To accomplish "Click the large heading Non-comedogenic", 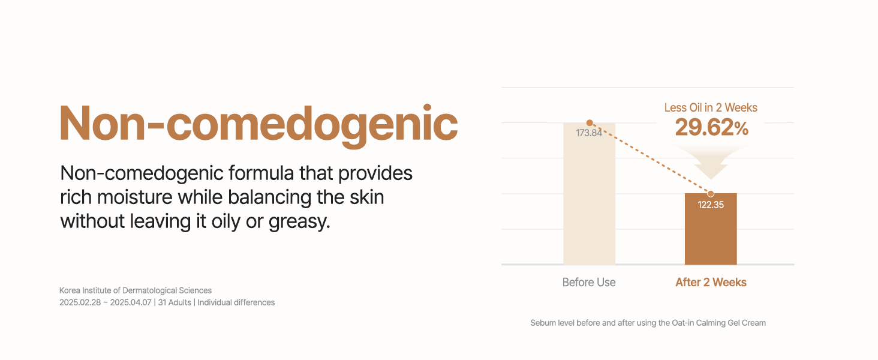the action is coord(258,125).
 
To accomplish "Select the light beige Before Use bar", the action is coord(589,194).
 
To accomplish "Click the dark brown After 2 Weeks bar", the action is coord(711,229).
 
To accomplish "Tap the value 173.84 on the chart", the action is coord(589,133).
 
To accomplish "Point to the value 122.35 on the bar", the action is coord(711,205).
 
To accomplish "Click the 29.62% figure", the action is coord(711,127).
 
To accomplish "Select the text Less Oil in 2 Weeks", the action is coord(711,107).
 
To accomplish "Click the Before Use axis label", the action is coord(589,283).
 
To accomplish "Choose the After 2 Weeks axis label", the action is coord(711,283).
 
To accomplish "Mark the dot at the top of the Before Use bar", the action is coord(590,123).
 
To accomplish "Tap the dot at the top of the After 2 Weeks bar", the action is coord(711,193).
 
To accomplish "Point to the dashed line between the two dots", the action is coord(650,158).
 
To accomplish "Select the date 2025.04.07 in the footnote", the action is coord(131,303).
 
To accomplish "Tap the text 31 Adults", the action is coord(175,303).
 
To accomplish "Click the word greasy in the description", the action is coord(299,222).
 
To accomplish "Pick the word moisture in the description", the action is coord(134,197).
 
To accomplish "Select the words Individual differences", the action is coord(236,303).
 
